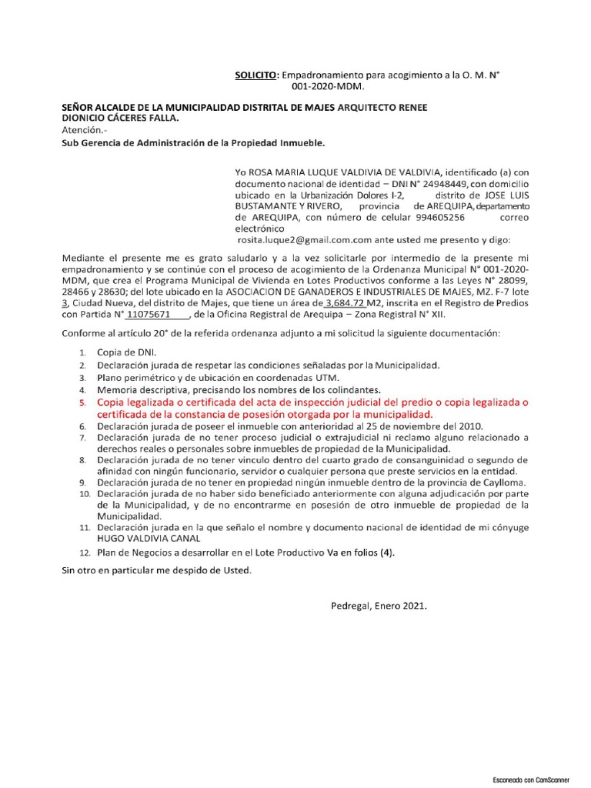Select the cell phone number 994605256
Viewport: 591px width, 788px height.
(x=441, y=218)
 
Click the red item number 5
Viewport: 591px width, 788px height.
(x=83, y=402)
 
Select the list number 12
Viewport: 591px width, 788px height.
(x=84, y=553)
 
